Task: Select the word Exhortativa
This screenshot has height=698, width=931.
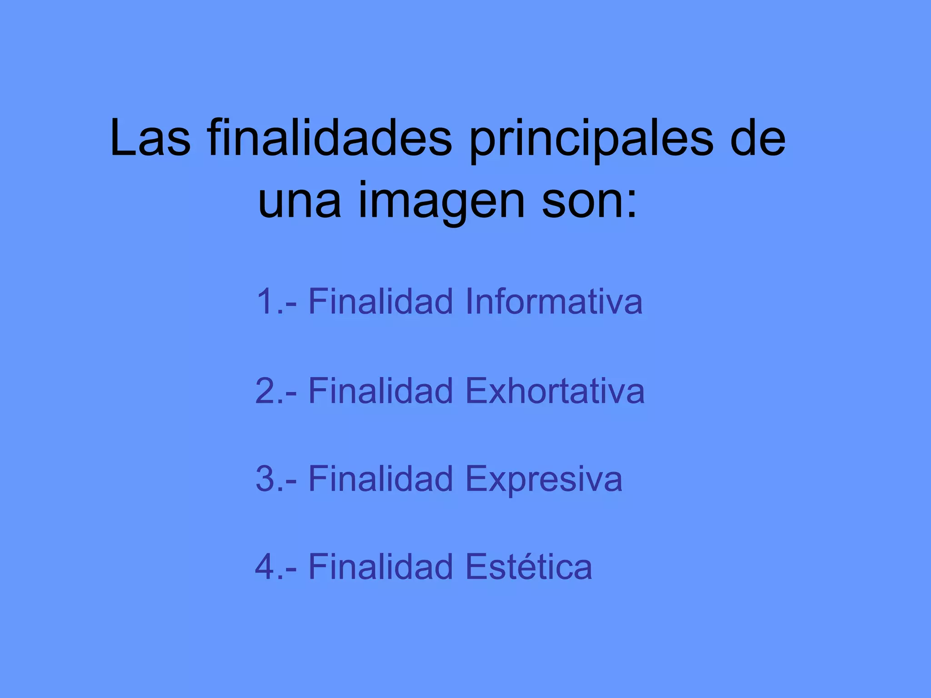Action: (555, 390)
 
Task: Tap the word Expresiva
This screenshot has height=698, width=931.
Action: (544, 479)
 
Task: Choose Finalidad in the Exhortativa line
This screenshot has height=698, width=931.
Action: (381, 390)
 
